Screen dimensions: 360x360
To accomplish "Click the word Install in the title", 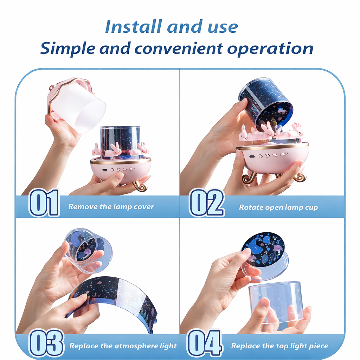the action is (x=133, y=27).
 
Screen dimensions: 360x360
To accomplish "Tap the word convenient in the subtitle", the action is (x=178, y=49).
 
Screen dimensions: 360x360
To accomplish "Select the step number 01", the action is (x=44, y=202).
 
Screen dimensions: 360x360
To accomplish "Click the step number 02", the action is (x=206, y=202).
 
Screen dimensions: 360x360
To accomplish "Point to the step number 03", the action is (x=46, y=342).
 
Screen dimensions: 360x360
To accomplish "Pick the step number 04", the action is (x=204, y=343).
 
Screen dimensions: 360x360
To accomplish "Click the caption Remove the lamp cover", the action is (x=111, y=207).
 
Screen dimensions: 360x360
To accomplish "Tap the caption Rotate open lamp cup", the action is (x=278, y=207).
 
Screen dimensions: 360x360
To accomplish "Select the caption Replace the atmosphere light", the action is (x=123, y=346).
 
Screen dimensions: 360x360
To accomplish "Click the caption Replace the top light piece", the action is (x=279, y=346).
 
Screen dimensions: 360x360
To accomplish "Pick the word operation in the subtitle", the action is (x=270, y=49).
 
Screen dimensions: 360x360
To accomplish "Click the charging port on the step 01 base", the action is (x=105, y=170).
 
